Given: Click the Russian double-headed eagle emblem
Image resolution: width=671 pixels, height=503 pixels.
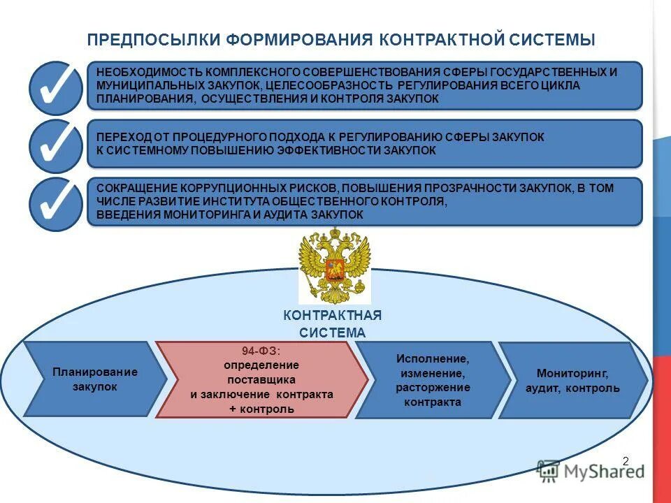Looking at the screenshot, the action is pos(334,267).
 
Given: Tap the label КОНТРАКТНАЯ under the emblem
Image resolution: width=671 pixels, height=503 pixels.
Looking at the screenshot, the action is pos(333,316).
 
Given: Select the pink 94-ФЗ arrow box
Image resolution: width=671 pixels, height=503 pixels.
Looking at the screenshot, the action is pos(260,379).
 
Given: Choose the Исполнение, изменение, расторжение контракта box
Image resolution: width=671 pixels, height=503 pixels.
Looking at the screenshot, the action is pos(432,380).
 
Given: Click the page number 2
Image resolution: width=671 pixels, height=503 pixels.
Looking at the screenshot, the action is pos(626,460).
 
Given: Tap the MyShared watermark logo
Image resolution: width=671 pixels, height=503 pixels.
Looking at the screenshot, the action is pos(591,471).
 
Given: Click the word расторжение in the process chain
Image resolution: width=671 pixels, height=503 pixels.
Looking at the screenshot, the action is pos(433,388).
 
